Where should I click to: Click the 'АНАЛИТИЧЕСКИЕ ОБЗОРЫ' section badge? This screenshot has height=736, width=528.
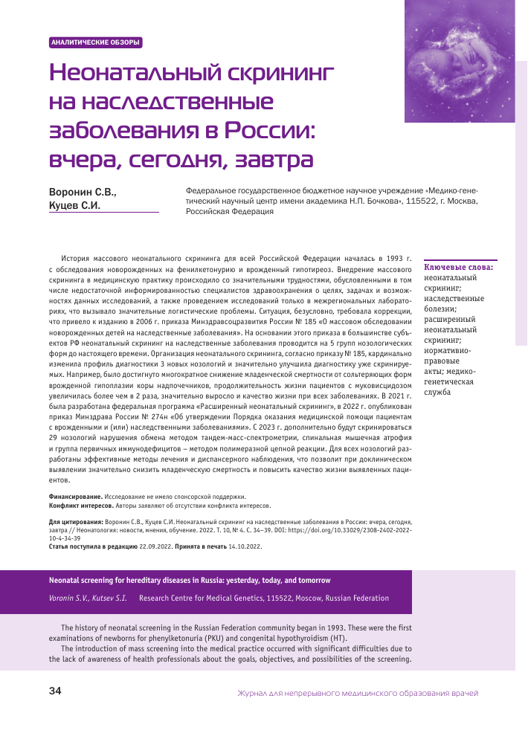[94, 42]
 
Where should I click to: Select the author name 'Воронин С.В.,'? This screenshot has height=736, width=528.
[83, 191]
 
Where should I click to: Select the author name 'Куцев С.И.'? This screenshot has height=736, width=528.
[74, 205]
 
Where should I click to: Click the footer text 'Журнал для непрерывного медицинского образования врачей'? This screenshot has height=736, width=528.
[358, 693]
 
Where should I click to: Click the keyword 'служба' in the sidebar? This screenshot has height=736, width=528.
[437, 391]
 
